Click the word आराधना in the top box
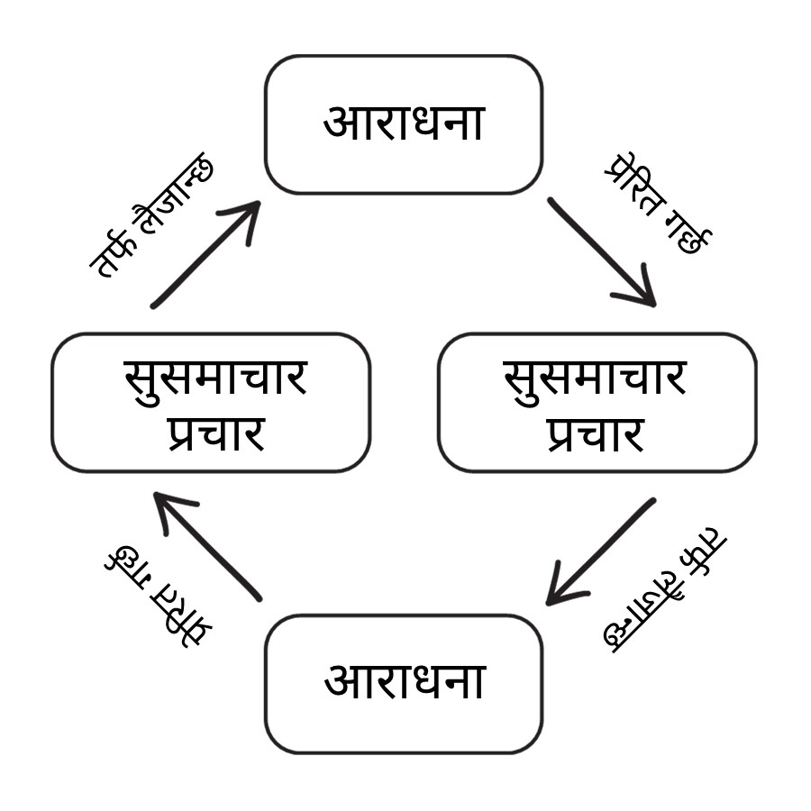tap(404, 123)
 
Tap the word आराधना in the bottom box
tap(404, 681)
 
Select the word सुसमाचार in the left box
tap(214, 378)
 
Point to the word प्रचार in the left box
tap(214, 433)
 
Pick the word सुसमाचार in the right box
tap(595, 378)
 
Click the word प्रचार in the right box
tap(595, 433)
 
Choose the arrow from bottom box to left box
tap(207, 546)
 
